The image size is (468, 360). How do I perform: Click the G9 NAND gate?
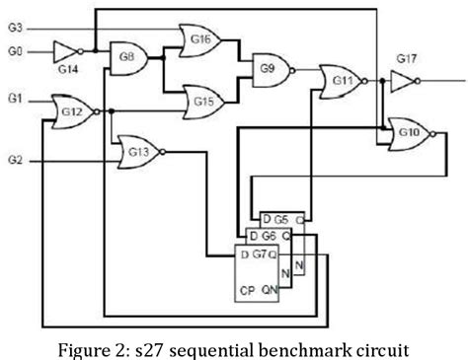pyautogui.click(x=267, y=69)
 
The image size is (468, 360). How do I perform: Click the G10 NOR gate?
pyautogui.click(x=407, y=131)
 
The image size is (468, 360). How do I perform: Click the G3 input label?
pyautogui.click(x=14, y=29)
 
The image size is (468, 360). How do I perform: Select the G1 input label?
pyautogui.click(x=14, y=99)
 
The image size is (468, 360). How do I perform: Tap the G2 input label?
pyautogui.click(x=14, y=158)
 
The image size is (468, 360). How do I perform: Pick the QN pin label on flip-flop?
pyautogui.click(x=269, y=289)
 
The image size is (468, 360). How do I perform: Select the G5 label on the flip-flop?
pyautogui.click(x=280, y=218)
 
